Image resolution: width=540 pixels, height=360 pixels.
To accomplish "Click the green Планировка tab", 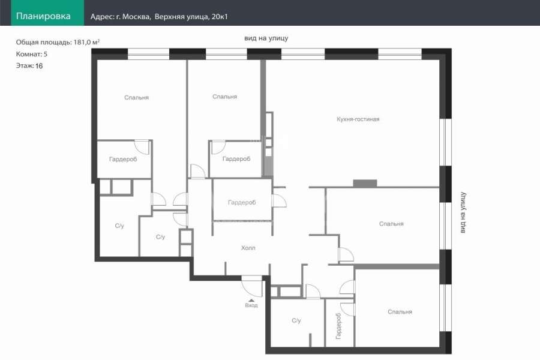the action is tap(47, 13).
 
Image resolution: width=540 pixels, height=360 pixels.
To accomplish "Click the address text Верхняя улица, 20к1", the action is tap(191, 17).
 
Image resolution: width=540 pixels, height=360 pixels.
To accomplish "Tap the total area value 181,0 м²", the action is tap(86, 42).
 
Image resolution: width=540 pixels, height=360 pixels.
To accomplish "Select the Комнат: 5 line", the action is tap(32, 54).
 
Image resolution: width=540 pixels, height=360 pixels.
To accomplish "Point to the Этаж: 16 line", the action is tap(29, 66).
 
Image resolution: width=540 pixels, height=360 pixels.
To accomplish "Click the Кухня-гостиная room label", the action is tap(358, 119).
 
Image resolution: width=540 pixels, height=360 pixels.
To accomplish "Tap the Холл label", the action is tap(248, 248).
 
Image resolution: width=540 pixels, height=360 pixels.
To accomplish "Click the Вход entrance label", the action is tap(251, 305).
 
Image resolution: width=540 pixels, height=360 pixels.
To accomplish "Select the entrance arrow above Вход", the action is tap(251, 301).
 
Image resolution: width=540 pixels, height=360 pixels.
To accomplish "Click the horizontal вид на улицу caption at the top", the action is tap(266, 38).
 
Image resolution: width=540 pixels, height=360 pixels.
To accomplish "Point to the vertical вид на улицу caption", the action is tap(463, 212).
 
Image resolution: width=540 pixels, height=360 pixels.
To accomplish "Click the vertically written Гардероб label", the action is tap(338, 326).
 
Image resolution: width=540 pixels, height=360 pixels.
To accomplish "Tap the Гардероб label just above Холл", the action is tap(242, 203).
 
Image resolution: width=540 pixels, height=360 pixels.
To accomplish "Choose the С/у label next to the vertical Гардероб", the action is tap(296, 320).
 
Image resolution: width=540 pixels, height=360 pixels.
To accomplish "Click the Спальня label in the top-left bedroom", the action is tap(136, 97).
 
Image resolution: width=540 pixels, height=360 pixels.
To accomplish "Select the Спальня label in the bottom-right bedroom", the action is tap(400, 312).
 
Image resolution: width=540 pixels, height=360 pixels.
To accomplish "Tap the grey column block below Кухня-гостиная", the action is tap(365, 183).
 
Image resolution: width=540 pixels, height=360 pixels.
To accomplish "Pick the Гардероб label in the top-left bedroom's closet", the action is tap(123, 159).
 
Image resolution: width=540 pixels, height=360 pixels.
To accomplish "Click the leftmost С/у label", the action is tap(119, 226).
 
